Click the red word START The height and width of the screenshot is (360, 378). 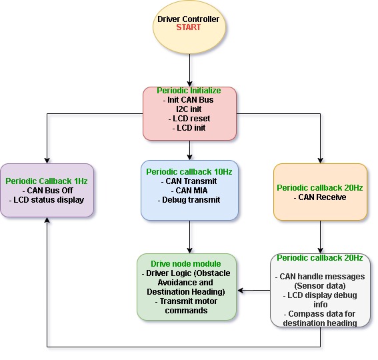point(188,27)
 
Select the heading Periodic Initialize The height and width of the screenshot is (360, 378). point(189,91)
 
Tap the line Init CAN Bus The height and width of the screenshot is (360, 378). point(188,99)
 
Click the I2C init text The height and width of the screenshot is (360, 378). point(189,109)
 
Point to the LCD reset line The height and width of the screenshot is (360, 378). point(189,119)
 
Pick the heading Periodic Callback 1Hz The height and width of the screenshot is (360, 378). point(47,181)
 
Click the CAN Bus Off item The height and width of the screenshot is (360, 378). point(48,191)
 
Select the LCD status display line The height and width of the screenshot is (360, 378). point(47,200)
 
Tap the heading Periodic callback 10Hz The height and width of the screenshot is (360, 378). point(189,172)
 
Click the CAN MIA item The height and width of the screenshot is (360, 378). point(189,191)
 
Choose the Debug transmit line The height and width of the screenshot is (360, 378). point(189,200)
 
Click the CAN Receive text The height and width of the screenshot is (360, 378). point(320,197)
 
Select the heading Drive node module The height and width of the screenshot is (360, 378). point(186,263)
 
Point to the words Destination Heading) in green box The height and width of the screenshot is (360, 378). point(186,292)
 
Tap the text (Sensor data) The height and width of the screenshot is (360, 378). point(320,286)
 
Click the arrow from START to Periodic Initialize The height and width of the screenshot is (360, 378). point(190,70)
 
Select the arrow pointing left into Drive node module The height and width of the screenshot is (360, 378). point(254,291)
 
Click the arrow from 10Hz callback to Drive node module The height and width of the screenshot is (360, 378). point(190,237)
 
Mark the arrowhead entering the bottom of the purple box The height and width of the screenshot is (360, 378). point(47,219)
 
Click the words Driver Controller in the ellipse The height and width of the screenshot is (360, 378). point(188,19)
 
